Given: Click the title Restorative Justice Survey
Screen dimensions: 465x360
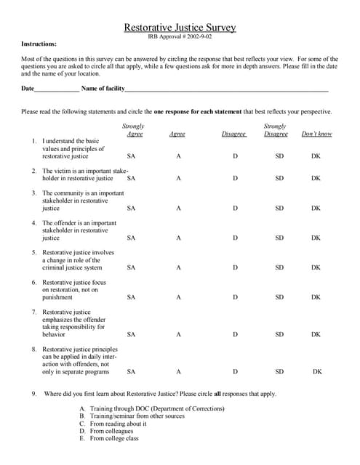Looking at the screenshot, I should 180,27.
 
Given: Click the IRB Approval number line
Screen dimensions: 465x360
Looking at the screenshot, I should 180,36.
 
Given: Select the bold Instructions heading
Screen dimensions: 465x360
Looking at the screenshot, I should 39,44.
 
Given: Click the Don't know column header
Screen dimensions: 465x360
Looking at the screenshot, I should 316,134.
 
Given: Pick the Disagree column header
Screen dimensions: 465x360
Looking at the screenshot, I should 234,134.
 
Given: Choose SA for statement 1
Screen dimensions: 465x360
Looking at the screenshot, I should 131,156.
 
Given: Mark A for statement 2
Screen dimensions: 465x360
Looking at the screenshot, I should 177,178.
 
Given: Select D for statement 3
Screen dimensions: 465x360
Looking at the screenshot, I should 235,208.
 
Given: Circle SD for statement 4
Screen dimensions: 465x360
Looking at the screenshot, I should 279,238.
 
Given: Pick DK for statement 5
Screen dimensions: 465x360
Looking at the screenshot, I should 316,267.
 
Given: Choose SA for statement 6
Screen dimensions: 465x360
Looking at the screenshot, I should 131,297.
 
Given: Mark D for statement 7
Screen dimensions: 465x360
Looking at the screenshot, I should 235,334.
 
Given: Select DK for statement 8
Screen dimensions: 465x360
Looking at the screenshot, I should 317,371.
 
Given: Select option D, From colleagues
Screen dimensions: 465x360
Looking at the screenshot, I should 112,431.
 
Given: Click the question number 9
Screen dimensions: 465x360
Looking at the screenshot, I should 34,394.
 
